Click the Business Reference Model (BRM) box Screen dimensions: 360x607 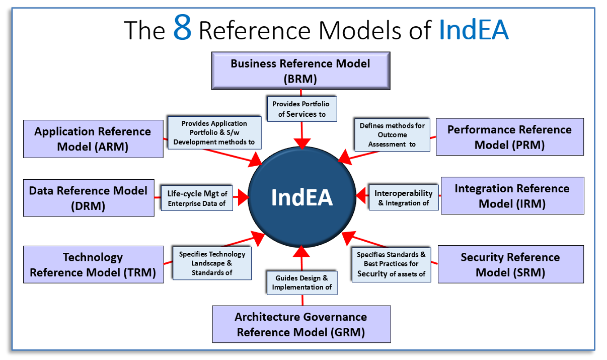coord(300,71)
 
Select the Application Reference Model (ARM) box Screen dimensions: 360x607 coord(93,139)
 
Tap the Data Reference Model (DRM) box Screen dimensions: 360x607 coord(89,198)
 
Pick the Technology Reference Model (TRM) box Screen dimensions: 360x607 coord(93,264)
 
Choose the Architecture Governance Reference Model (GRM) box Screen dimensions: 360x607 coord(301,324)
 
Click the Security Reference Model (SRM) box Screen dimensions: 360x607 coord(510,264)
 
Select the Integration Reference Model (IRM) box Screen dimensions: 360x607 coord(512,195)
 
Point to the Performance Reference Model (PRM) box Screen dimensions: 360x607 coord(509,136)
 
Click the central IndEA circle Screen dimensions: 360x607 coord(301,197)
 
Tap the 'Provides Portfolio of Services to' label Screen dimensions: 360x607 coord(301,109)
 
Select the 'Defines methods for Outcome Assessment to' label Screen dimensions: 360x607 coord(392,135)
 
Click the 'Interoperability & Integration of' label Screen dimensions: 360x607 coord(403,198)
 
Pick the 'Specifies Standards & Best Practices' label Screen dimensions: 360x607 coord(391,264)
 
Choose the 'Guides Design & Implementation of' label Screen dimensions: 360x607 coord(301,282)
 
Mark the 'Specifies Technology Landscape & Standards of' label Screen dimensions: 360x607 coord(212,263)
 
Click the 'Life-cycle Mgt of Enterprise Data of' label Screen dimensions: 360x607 coord(197,198)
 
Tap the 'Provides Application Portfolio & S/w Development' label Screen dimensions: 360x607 coord(214,132)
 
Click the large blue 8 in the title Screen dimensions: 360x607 coord(183,28)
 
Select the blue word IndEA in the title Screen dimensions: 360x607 coord(474,30)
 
